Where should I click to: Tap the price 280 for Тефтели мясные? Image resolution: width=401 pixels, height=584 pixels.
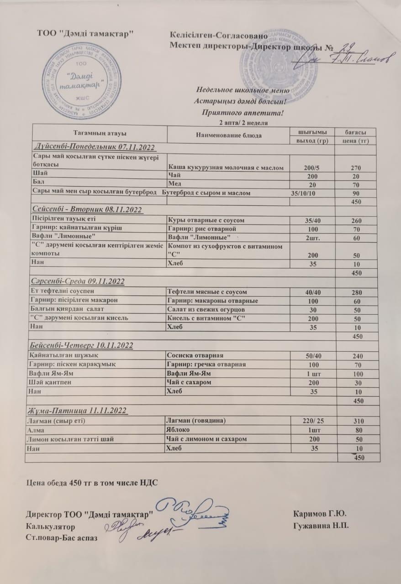click(356, 292)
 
